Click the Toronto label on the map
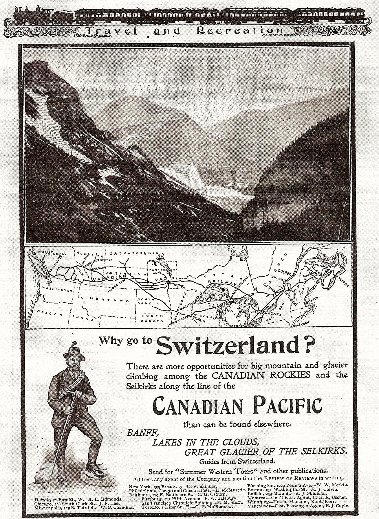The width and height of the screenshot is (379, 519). tap(271, 314)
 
